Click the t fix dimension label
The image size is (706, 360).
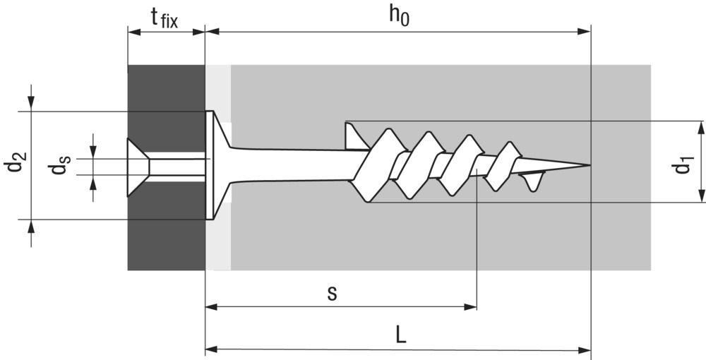(x=164, y=19)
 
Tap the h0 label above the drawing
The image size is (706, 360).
(x=399, y=17)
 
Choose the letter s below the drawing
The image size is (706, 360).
(x=332, y=294)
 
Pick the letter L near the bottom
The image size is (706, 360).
(x=401, y=335)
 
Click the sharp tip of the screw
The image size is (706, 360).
(x=590, y=165)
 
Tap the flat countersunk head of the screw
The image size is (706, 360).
(x=210, y=165)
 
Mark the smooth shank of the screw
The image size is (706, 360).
(x=293, y=165)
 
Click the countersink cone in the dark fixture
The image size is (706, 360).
(x=138, y=167)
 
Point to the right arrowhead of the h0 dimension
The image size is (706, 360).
(x=584, y=32)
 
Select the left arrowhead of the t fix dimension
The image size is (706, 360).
(x=134, y=32)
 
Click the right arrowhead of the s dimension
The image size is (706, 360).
(x=470, y=307)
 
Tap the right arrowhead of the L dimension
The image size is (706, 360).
(x=584, y=349)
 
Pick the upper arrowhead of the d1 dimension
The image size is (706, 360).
(x=702, y=128)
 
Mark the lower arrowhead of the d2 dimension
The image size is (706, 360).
(x=31, y=227)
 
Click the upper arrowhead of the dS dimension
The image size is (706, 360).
(x=92, y=152)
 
